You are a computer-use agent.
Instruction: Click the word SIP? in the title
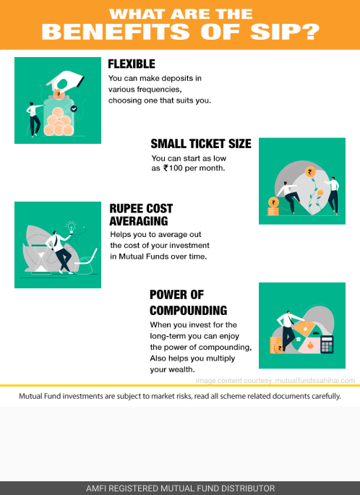click(x=285, y=32)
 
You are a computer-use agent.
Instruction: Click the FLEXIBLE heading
click(x=132, y=64)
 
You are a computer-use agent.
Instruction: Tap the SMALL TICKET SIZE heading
click(x=201, y=144)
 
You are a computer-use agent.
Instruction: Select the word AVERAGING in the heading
click(x=139, y=221)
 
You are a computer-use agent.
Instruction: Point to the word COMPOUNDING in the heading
click(x=188, y=310)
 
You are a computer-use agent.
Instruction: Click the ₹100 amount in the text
click(x=173, y=168)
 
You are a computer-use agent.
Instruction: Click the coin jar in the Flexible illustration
click(x=59, y=117)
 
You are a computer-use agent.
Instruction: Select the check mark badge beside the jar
click(x=74, y=108)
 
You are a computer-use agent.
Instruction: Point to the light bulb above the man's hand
click(x=72, y=227)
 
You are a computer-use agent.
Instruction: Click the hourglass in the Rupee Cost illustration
click(x=40, y=259)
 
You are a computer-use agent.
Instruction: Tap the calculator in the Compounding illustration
click(x=327, y=344)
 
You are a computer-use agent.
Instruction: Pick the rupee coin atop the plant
click(x=310, y=172)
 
